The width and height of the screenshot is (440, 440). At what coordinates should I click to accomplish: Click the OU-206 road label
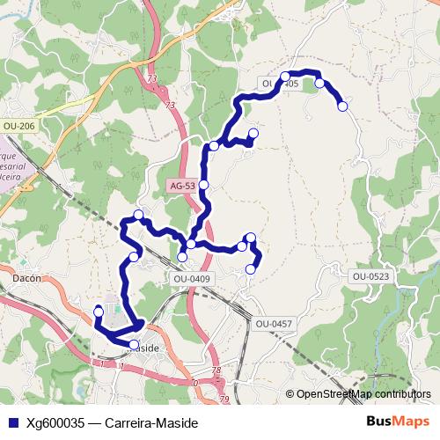coord(19,127)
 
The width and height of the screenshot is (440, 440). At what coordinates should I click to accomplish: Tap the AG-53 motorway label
coord(181,187)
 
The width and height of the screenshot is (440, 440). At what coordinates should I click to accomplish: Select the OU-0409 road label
coord(192,279)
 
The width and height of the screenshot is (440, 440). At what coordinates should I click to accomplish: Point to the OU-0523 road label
coord(370,276)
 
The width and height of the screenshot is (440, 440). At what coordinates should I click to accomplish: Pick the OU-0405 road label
coord(281,84)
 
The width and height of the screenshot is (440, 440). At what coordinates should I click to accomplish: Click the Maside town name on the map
coord(143,348)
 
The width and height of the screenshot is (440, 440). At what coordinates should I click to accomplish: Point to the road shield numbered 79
coord(224,400)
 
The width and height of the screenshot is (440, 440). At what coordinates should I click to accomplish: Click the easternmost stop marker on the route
coord(342,106)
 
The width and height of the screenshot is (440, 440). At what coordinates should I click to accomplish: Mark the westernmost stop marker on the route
coord(98,312)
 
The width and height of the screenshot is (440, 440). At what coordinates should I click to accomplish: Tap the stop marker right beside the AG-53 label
coord(204,185)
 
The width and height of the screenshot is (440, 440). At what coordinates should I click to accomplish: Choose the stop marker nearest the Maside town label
coord(134,344)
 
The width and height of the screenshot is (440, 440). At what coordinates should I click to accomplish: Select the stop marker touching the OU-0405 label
coord(285,76)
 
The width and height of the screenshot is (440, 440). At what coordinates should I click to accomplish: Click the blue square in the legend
coord(11,422)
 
